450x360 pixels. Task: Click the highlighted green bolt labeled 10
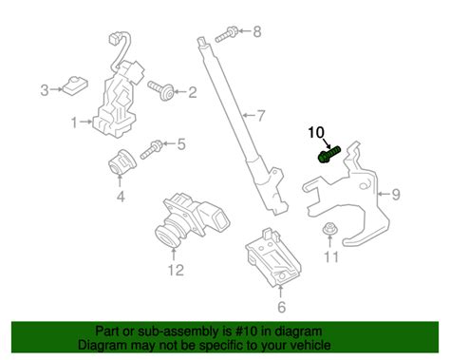click(328, 154)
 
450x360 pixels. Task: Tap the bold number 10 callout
click(316, 132)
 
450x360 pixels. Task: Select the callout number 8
click(256, 31)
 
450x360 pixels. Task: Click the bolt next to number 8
click(226, 35)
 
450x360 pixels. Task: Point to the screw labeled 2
click(160, 90)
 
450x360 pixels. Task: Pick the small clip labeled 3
click(75, 85)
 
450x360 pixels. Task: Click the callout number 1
click(74, 123)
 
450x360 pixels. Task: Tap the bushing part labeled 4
click(121, 161)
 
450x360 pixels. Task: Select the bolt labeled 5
click(152, 149)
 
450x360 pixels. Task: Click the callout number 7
click(260, 116)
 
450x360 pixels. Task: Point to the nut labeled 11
click(329, 229)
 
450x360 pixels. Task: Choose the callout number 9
click(396, 194)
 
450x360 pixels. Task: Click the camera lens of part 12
click(168, 235)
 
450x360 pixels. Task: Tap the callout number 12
click(176, 270)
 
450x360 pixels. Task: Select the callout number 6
click(281, 307)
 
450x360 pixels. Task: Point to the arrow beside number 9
click(384, 194)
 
